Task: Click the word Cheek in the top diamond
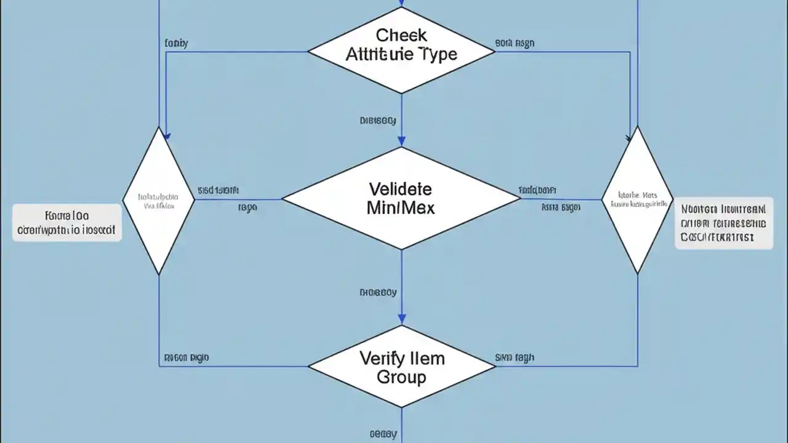coord(401,34)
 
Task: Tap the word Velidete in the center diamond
coord(401,188)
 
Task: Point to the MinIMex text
coord(401,207)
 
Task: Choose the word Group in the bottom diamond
coord(401,377)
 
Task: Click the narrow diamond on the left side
coord(159,200)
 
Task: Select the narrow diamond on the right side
coord(637,200)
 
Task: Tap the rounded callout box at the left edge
coord(67,223)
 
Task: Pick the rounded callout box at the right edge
coord(723,223)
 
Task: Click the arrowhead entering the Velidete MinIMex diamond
coord(401,142)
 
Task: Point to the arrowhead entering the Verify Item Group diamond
coord(401,321)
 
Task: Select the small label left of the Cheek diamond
coord(177,44)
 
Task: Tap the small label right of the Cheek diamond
coord(515,44)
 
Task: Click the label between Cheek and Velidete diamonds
coord(377,121)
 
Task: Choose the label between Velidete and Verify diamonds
coord(377,293)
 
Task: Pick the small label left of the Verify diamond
coord(187,357)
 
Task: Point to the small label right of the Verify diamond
coord(515,357)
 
